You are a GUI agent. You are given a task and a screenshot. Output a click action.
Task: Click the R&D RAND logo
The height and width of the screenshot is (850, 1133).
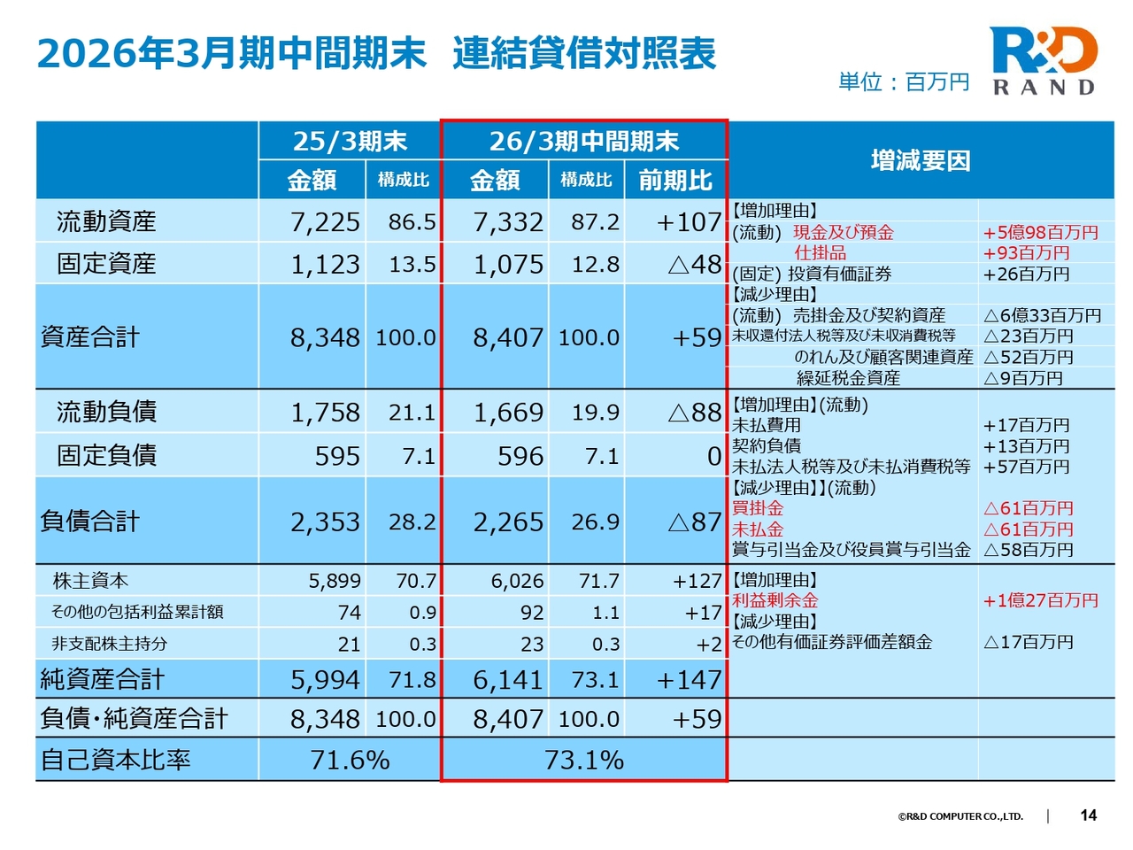[x=1044, y=60]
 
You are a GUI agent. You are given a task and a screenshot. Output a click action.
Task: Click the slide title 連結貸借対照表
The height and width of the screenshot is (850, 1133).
[x=584, y=54]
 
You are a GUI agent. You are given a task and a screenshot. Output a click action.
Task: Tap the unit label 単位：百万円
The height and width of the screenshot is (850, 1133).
[x=904, y=82]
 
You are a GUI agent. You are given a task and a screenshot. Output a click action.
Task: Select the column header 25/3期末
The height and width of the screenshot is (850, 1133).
[x=350, y=141]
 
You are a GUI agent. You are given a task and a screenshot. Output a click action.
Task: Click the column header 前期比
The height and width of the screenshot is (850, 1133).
[x=675, y=181]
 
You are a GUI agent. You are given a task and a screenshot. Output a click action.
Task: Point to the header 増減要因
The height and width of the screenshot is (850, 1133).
[x=921, y=160]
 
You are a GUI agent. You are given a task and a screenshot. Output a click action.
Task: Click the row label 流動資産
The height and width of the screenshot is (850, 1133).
[x=106, y=221]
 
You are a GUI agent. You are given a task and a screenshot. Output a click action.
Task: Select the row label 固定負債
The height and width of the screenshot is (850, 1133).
[x=106, y=455]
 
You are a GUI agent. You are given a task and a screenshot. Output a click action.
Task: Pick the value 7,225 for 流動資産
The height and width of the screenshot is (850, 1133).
[x=325, y=222]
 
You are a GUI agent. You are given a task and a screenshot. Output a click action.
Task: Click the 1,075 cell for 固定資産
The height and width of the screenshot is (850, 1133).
[x=508, y=265]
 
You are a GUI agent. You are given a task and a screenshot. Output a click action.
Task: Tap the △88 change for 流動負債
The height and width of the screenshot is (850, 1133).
[x=695, y=413]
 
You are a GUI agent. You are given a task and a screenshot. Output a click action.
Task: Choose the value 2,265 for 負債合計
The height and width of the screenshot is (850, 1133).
[x=508, y=522]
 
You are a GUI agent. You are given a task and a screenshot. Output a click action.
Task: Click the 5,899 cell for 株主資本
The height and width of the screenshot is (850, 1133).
[x=335, y=581]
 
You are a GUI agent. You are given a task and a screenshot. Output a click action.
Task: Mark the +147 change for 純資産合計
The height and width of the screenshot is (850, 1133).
[x=690, y=680]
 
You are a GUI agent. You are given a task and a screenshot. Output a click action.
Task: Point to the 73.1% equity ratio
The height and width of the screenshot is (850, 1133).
[x=584, y=760]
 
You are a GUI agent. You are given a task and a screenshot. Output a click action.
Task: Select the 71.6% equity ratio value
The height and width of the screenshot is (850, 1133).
[x=350, y=760]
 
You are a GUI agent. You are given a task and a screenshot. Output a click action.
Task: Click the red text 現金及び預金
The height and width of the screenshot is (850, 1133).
[x=843, y=232]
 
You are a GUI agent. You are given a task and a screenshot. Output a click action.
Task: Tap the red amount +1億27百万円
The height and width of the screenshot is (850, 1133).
[x=1040, y=600]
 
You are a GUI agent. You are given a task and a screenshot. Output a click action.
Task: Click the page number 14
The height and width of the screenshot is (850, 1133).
[x=1089, y=815]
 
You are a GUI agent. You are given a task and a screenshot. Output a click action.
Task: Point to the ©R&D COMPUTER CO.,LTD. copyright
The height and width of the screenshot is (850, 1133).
[x=960, y=816]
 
